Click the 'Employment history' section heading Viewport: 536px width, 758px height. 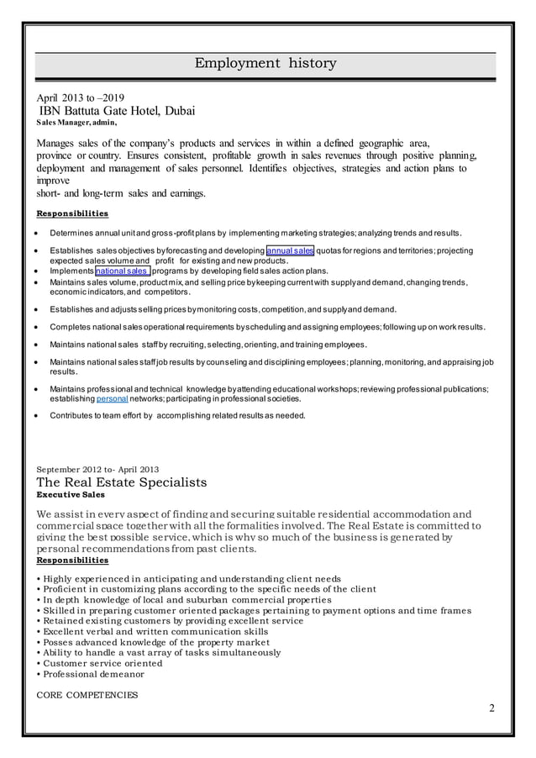coord(265,64)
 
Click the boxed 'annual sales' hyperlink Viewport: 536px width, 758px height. coord(291,250)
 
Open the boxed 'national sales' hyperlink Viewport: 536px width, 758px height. coord(123,271)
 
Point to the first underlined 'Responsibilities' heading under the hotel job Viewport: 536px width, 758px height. coord(71,213)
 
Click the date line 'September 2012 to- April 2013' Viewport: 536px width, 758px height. coord(98,468)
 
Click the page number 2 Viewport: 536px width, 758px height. coord(491,708)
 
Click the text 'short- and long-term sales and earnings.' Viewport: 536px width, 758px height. coord(120,192)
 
